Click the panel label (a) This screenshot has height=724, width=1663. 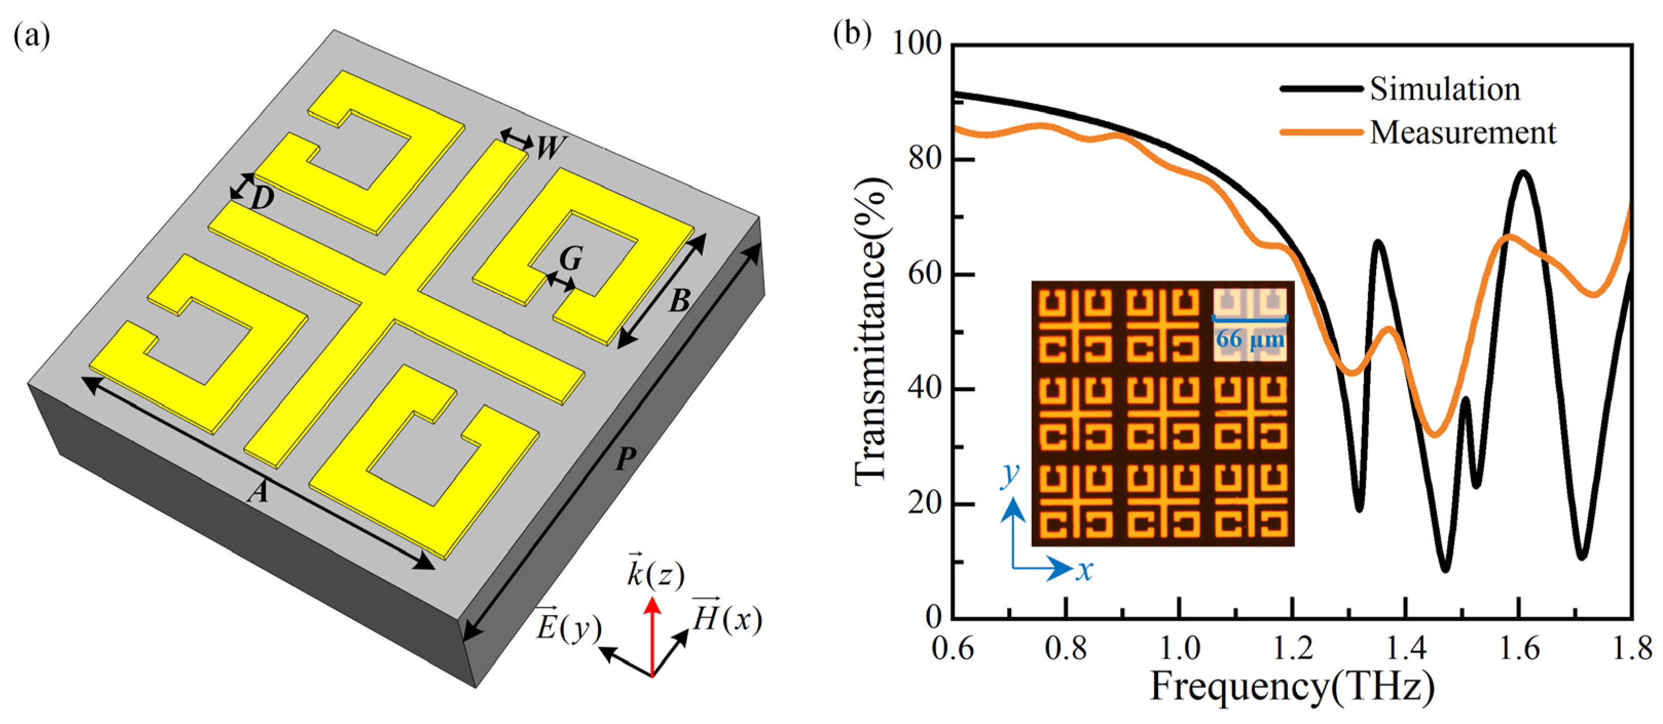(31, 37)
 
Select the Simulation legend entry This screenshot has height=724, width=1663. (1445, 89)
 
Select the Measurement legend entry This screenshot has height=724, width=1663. (1462, 132)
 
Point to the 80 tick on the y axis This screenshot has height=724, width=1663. (925, 159)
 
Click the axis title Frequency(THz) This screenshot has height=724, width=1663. (1292, 687)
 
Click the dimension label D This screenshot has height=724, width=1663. (262, 199)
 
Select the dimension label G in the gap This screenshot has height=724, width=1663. (571, 259)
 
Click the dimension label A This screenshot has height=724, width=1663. (258, 493)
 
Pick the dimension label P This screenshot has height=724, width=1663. (625, 459)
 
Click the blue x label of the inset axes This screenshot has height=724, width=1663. (1084, 570)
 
